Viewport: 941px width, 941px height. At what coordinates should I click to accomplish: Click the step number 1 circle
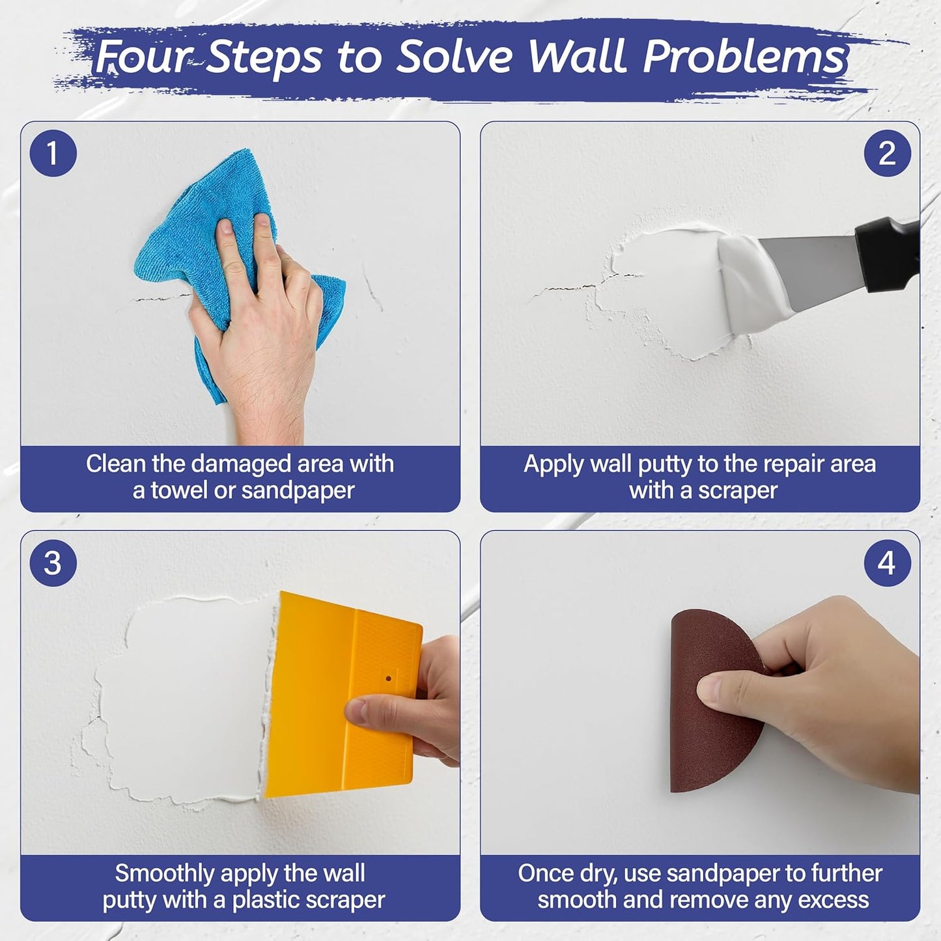(x=53, y=154)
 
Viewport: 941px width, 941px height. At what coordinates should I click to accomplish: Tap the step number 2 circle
(x=887, y=154)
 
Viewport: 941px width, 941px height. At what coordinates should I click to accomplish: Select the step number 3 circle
(x=53, y=563)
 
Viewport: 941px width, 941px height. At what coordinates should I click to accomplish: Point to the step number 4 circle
(x=887, y=563)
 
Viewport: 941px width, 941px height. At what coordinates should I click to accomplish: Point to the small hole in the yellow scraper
(x=389, y=679)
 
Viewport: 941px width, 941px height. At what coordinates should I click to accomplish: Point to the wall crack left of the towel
(x=160, y=298)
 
